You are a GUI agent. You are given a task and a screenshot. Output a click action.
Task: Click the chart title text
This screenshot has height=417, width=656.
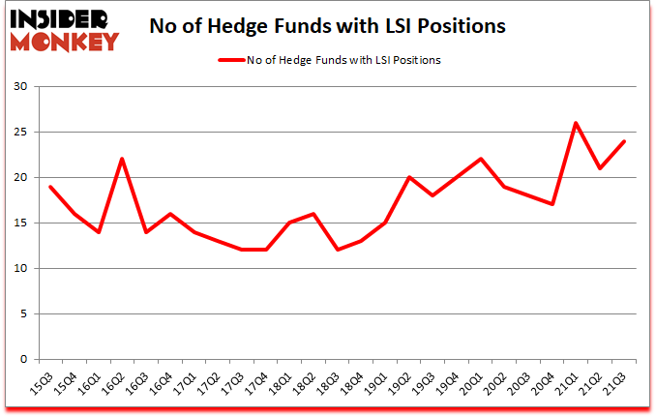[327, 27]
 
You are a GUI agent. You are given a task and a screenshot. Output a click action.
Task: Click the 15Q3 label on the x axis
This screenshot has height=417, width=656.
[40, 383]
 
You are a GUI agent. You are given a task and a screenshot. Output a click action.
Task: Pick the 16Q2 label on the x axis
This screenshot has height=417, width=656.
[111, 383]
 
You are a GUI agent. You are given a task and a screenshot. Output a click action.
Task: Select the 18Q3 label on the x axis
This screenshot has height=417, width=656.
[326, 383]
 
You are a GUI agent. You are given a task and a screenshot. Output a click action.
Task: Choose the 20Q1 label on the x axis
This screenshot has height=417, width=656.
[469, 383]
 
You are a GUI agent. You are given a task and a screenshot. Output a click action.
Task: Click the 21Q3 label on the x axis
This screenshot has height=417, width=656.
[612, 383]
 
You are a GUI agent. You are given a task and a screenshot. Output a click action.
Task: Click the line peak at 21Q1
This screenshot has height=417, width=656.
[576, 123]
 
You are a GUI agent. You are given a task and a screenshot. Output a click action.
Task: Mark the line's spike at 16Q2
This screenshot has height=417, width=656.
[122, 159]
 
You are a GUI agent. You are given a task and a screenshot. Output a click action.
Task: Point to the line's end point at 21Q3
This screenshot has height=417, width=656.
[624, 141]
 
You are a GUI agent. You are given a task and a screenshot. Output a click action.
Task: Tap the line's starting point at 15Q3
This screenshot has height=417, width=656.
[50, 187]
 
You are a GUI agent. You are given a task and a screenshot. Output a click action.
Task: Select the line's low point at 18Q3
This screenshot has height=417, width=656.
[337, 250]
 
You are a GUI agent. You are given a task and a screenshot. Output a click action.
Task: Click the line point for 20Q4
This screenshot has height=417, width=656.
[552, 204]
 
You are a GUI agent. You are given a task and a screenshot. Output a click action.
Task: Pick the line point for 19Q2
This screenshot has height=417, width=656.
[408, 177]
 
